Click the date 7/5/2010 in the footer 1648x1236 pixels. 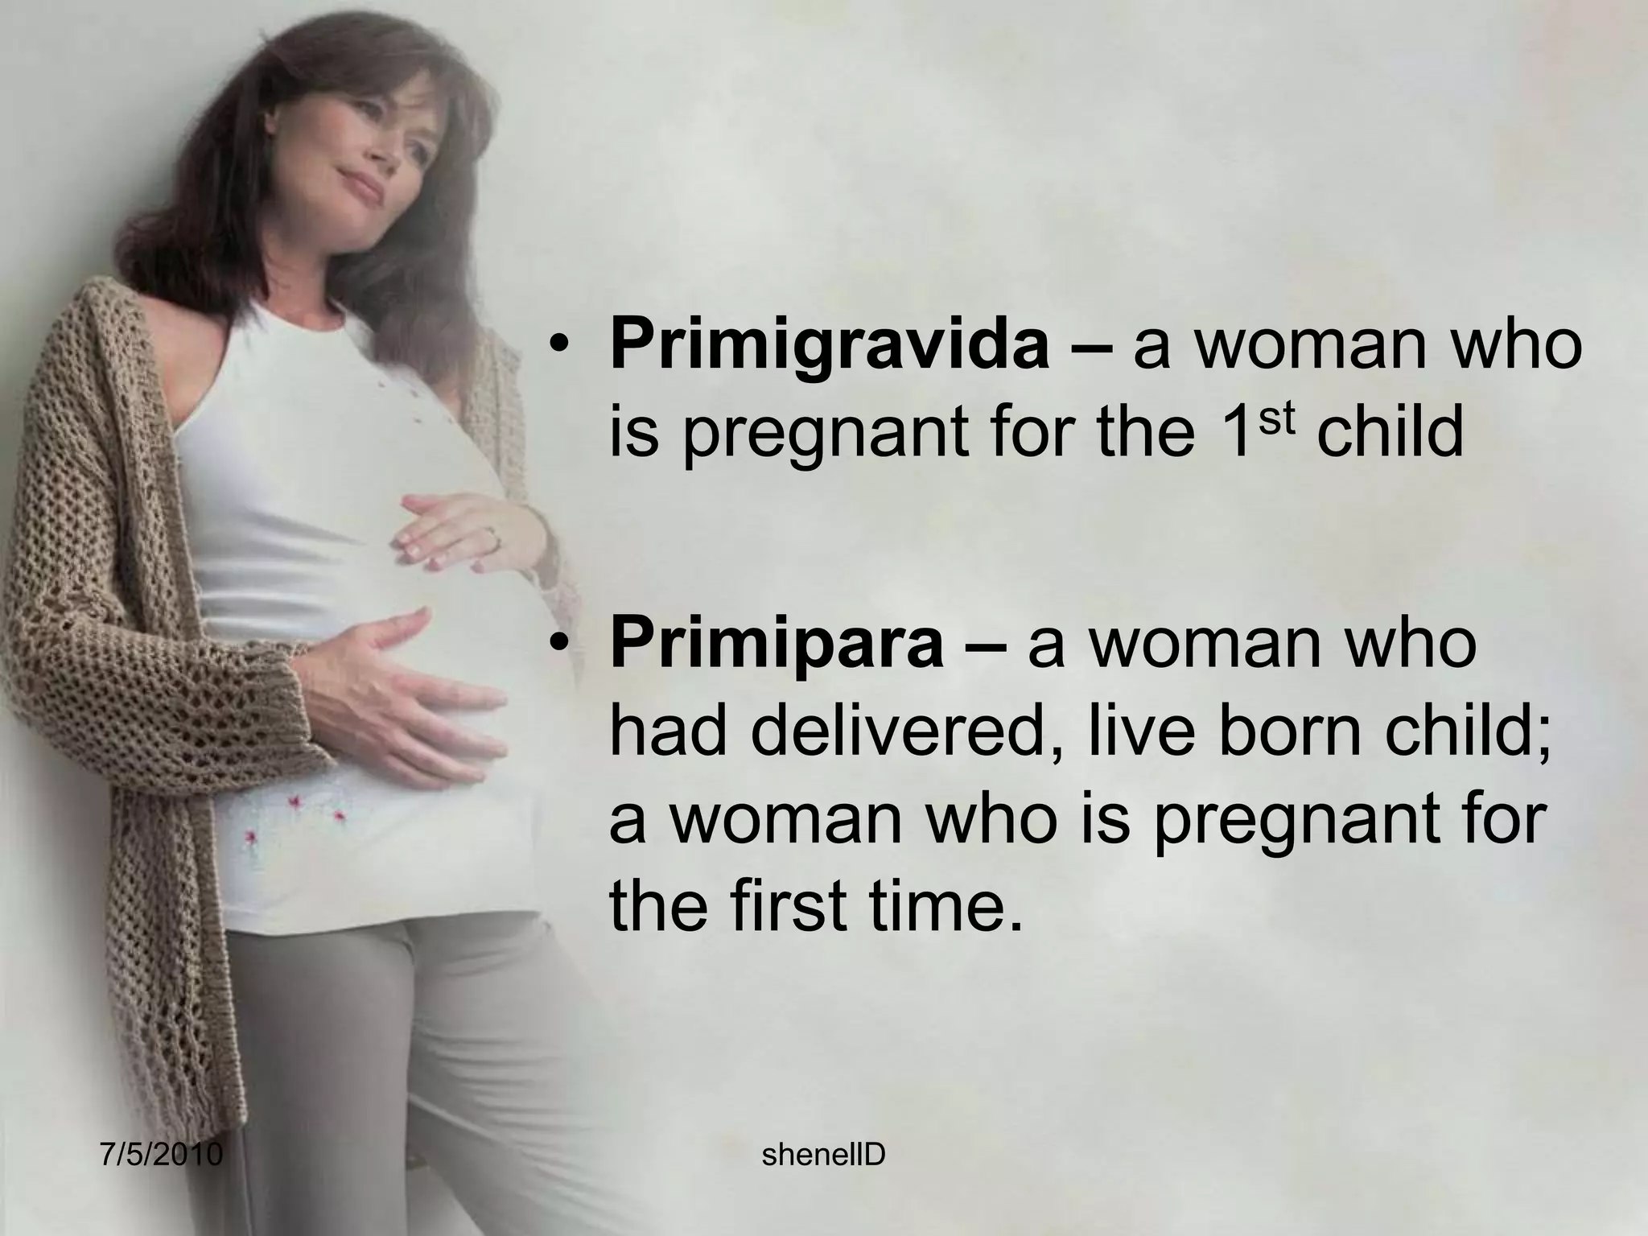coord(162,1155)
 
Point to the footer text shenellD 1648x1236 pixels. coord(823,1155)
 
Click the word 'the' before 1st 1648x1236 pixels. coord(1135,435)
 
